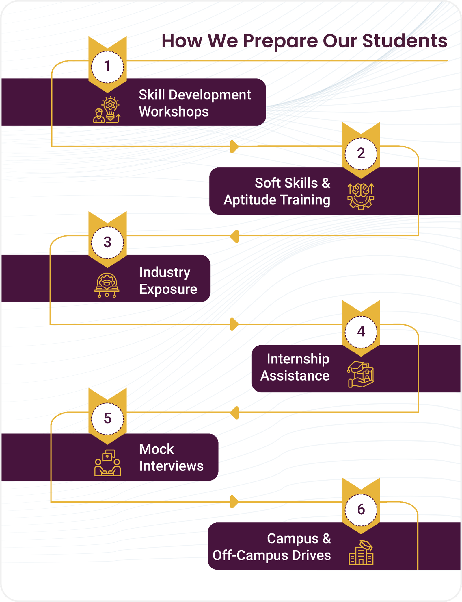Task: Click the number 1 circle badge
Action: [107, 67]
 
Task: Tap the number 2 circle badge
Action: [361, 154]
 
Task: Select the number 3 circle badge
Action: [107, 242]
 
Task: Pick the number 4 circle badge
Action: [361, 332]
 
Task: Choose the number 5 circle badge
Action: [107, 418]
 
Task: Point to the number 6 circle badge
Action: [361, 509]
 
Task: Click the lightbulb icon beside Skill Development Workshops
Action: [107, 110]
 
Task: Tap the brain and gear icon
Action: [361, 196]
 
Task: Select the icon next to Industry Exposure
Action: [107, 285]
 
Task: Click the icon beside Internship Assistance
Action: [361, 374]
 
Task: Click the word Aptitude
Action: [250, 200]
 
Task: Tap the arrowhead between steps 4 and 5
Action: [234, 413]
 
